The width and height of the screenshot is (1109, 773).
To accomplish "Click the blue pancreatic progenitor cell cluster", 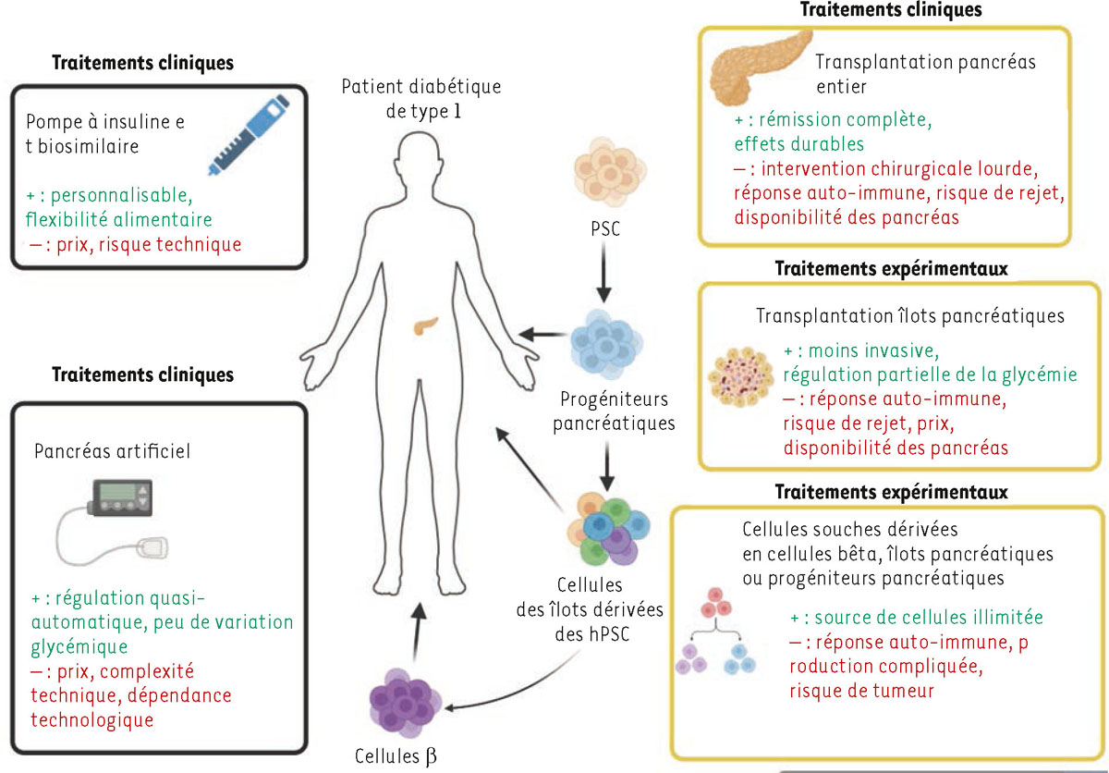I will [606, 343].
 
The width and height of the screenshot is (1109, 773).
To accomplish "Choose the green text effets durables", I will [801, 144].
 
